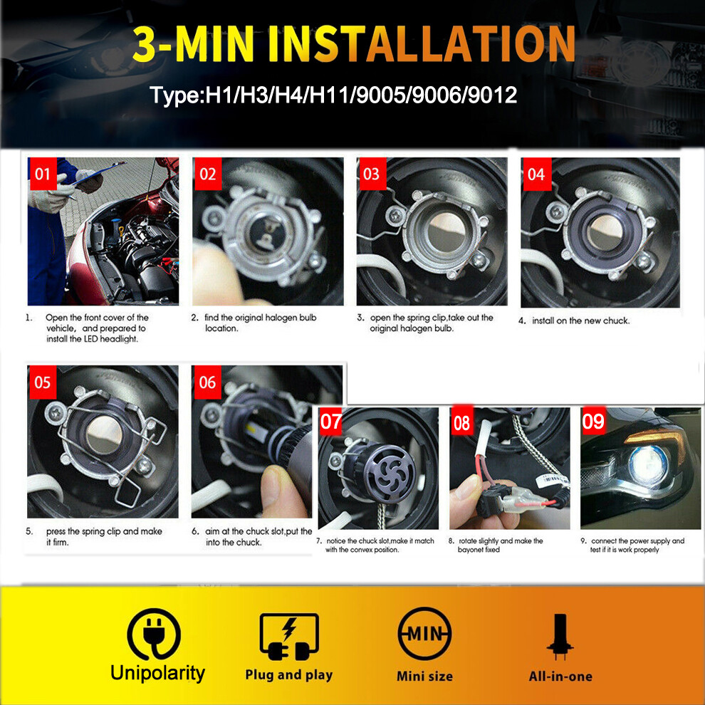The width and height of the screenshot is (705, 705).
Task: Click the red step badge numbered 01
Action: tap(43, 174)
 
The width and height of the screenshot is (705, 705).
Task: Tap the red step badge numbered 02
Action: tap(207, 174)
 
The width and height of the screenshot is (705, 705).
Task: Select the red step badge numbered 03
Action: tap(372, 174)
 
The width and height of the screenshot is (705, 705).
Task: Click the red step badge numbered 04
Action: tap(536, 174)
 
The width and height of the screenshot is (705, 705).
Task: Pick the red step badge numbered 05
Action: tap(43, 382)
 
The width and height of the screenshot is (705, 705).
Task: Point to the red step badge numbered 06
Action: tap(207, 382)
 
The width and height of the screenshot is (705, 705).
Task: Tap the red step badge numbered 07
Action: tap(331, 422)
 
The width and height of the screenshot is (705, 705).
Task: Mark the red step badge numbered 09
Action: tap(594, 422)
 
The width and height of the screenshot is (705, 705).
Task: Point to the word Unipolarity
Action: tap(157, 673)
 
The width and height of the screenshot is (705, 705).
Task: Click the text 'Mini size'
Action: tap(424, 675)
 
